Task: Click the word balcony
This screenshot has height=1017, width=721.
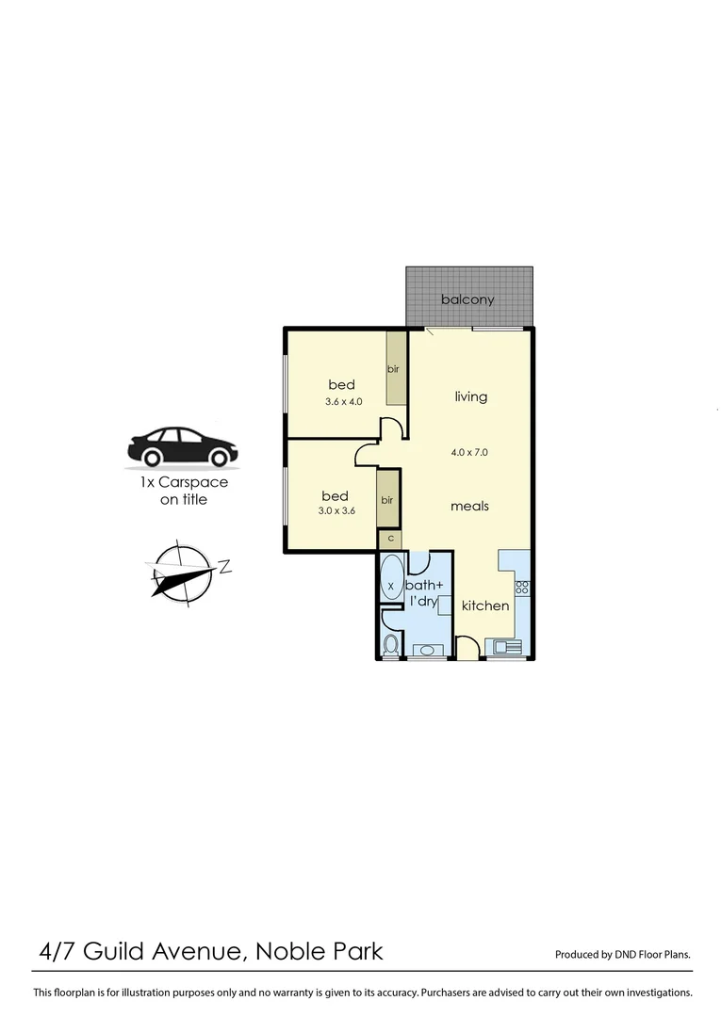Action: pyautogui.click(x=467, y=299)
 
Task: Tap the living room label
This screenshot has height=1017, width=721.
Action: pyautogui.click(x=471, y=396)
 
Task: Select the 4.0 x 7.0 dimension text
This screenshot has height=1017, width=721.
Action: pyautogui.click(x=469, y=452)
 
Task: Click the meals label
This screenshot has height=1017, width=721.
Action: pyautogui.click(x=469, y=506)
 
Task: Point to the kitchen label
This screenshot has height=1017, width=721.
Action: pyautogui.click(x=485, y=605)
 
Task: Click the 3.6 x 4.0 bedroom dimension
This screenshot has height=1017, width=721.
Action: pyautogui.click(x=344, y=401)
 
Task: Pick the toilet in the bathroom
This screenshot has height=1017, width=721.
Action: pyautogui.click(x=391, y=645)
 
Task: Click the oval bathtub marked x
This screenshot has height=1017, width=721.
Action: pyautogui.click(x=391, y=585)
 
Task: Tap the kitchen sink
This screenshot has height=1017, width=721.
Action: pyautogui.click(x=501, y=646)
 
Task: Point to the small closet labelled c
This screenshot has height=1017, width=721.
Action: pyautogui.click(x=389, y=539)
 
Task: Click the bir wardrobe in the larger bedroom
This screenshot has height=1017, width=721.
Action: pyautogui.click(x=395, y=369)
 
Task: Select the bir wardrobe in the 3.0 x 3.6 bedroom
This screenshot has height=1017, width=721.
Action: pyautogui.click(x=387, y=500)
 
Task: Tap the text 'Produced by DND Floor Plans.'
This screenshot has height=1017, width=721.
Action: pyautogui.click(x=622, y=954)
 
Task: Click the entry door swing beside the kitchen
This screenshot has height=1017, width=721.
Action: pyautogui.click(x=466, y=647)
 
